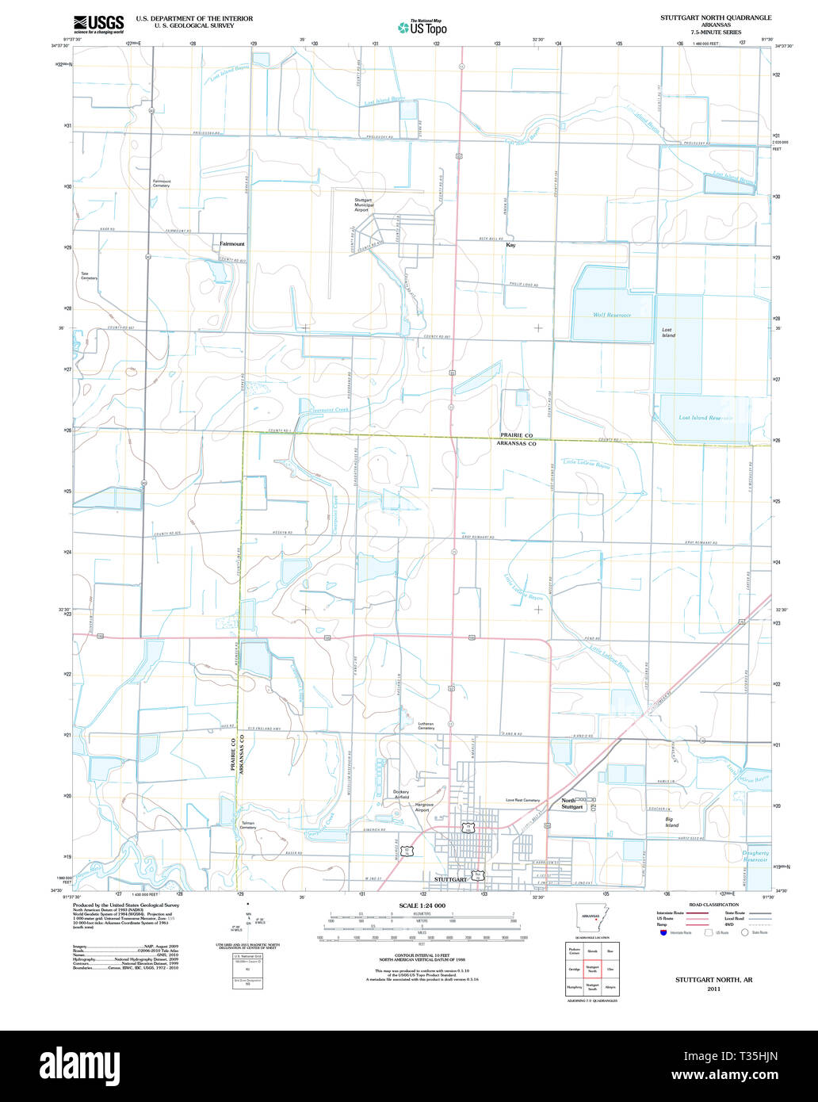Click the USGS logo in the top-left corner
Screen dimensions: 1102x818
(97, 24)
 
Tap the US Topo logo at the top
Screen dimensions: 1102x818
(422, 28)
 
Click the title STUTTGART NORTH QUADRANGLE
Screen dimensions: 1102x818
(717, 17)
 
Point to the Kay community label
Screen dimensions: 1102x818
(511, 246)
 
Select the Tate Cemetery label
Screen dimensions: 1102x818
(89, 277)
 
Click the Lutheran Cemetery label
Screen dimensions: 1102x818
(426, 725)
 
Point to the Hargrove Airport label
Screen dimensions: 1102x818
(425, 807)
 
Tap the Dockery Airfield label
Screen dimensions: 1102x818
(401, 794)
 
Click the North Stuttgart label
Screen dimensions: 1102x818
(573, 803)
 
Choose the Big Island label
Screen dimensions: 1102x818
(671, 822)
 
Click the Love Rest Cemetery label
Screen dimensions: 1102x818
(523, 800)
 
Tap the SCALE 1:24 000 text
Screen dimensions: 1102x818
(422, 905)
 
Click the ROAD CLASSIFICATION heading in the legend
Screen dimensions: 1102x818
(713, 905)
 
